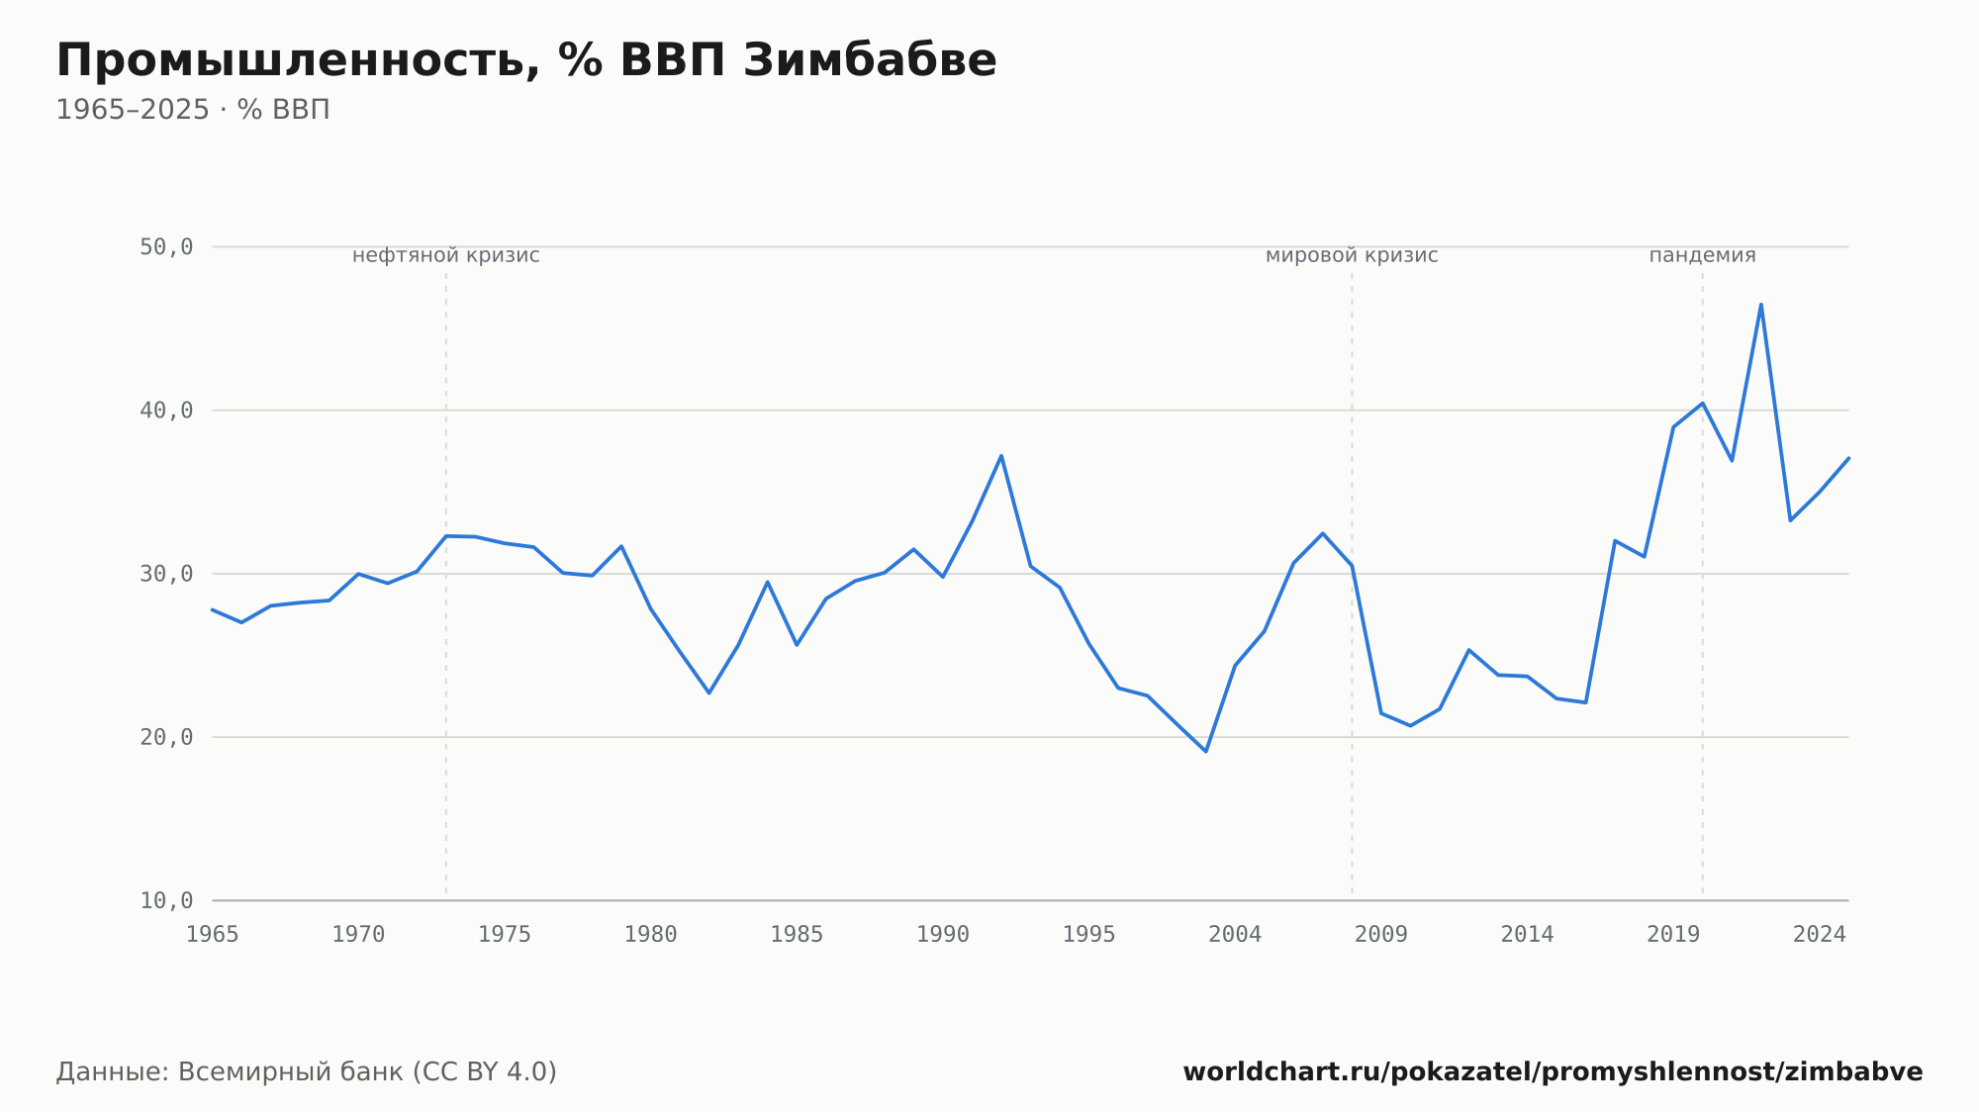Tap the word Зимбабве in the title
tap(870, 60)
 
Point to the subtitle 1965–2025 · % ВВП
tap(193, 110)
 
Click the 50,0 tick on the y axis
tap(166, 247)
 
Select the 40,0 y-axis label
tap(166, 411)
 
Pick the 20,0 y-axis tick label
tap(166, 737)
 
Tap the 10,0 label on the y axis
tap(166, 900)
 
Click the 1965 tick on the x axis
tap(213, 935)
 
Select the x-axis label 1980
tap(651, 935)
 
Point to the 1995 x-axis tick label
tap(1089, 935)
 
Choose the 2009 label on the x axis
tap(1381, 935)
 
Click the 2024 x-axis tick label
tap(1820, 935)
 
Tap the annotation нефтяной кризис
tap(446, 255)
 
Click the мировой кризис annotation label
tap(1352, 255)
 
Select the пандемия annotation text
tap(1702, 255)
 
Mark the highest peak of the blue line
tap(1761, 304)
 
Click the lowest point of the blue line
tap(1206, 752)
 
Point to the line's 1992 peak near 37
tap(1001, 456)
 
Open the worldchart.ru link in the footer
tap(1553, 1072)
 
